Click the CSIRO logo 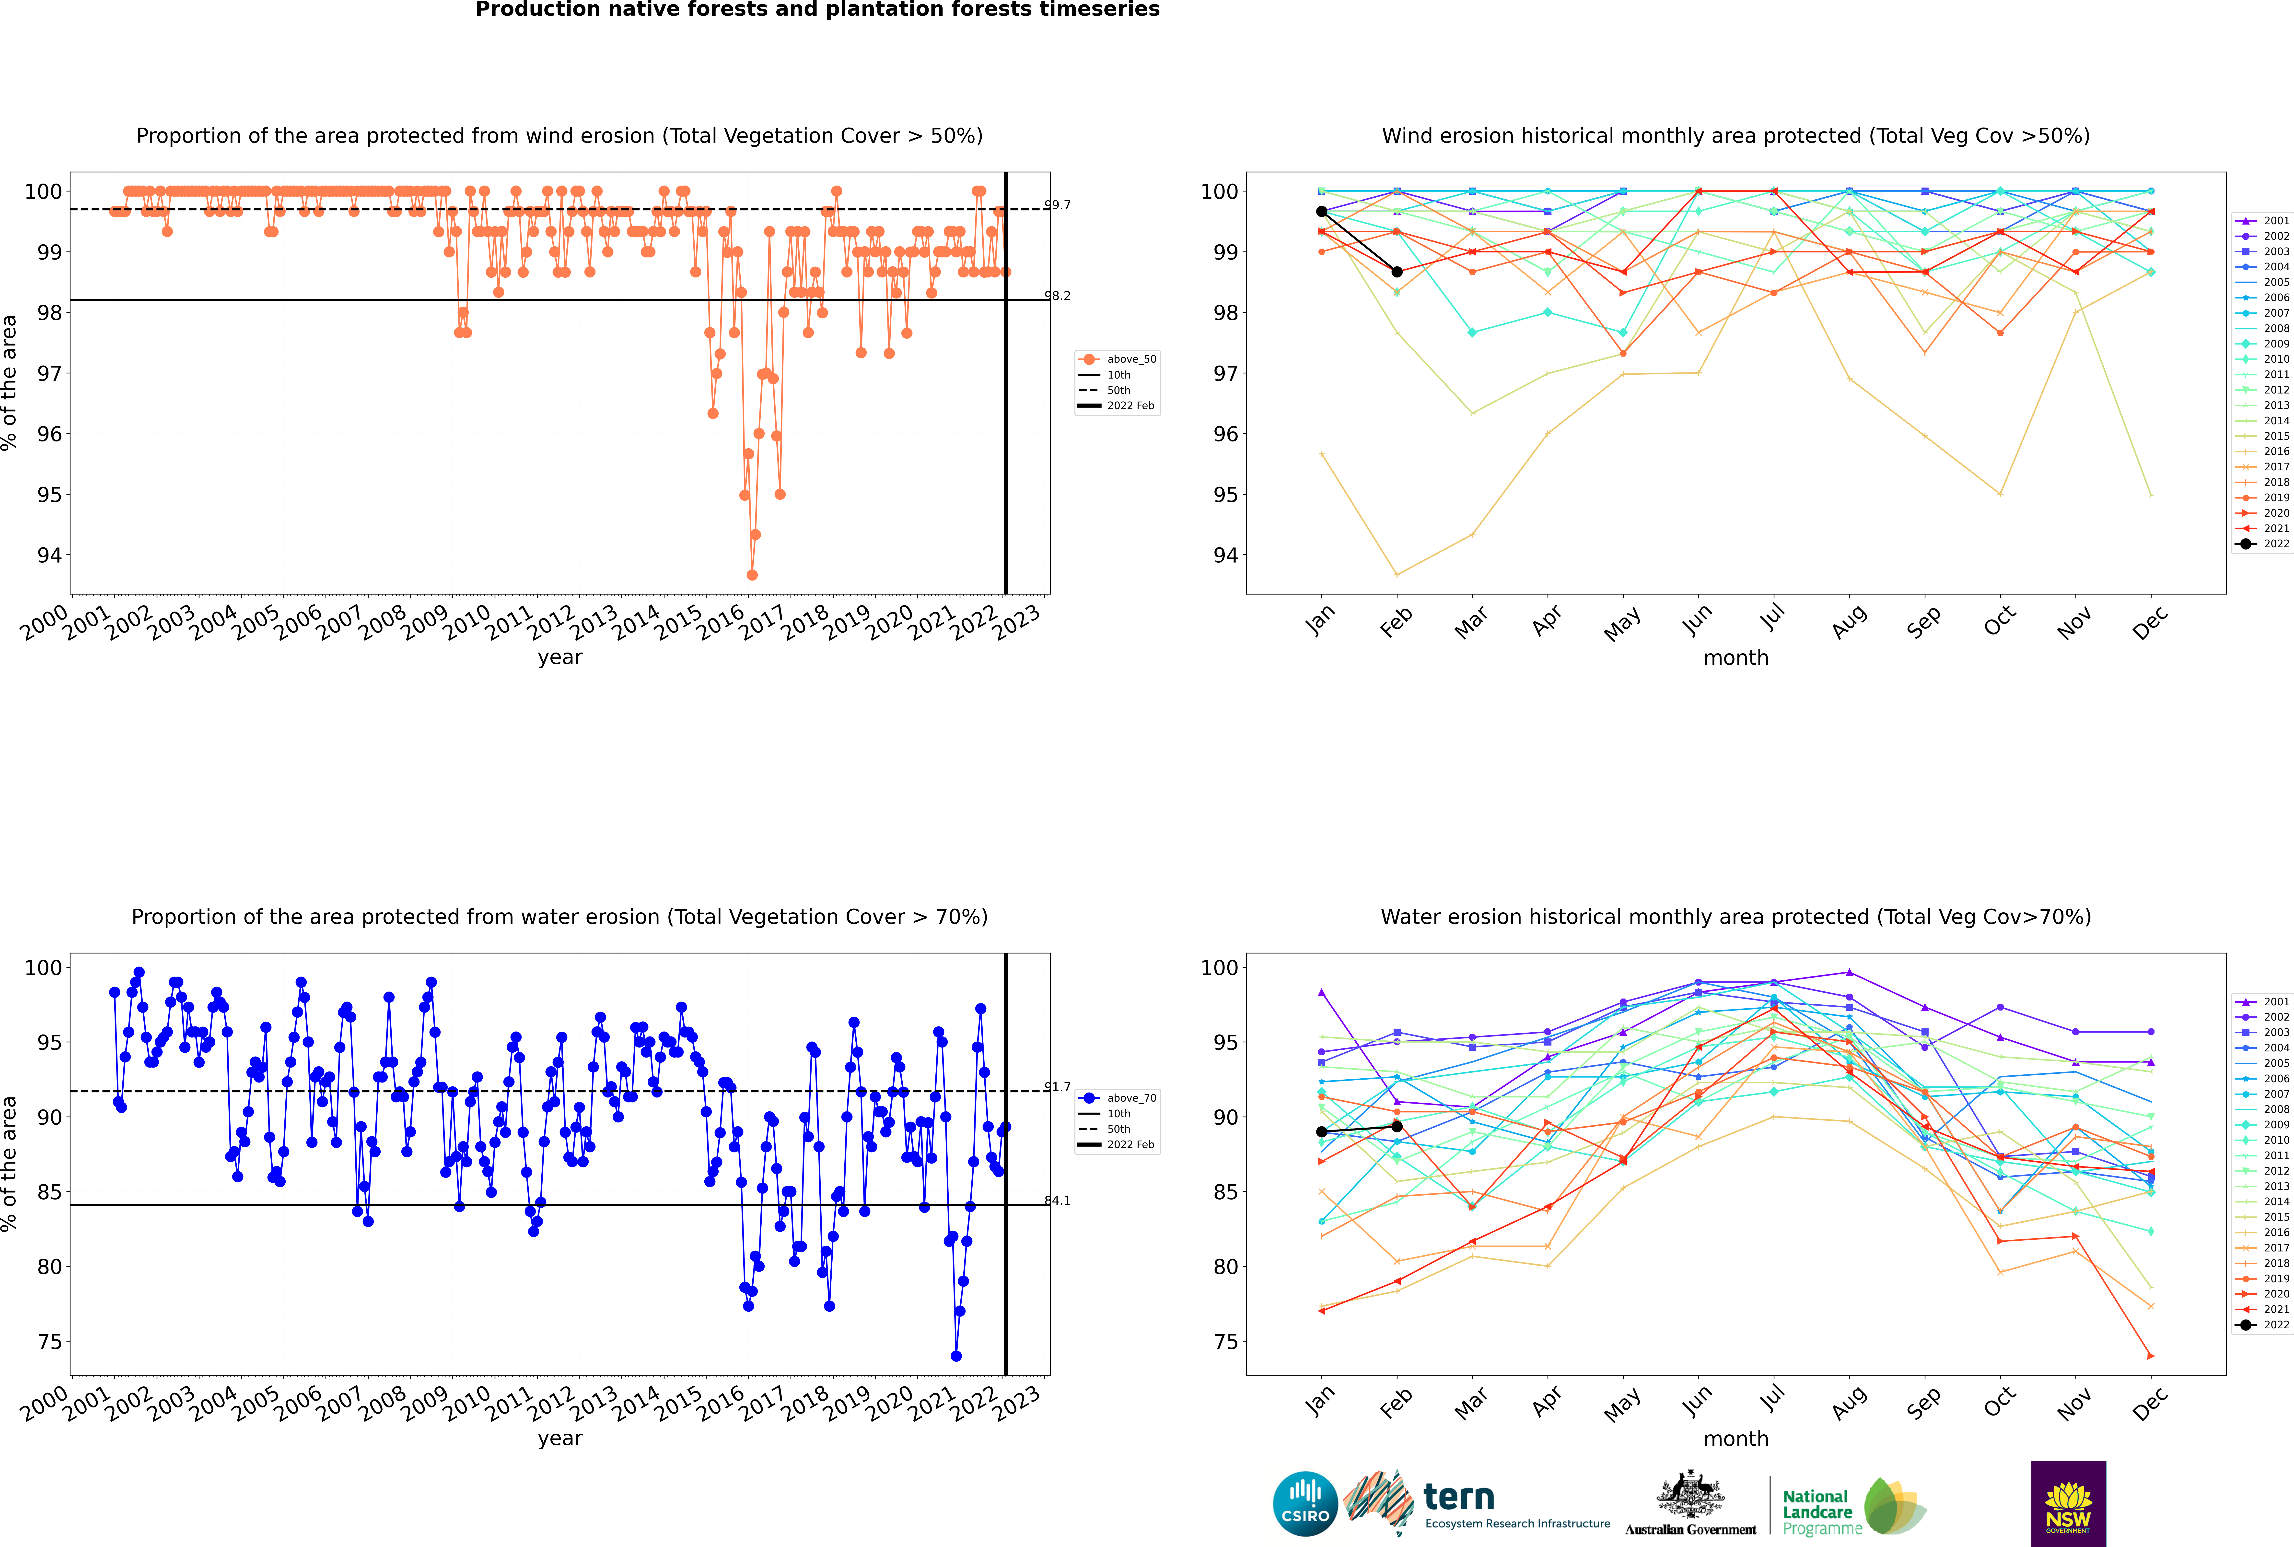[x=1305, y=1504]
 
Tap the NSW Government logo [x=2068, y=1503]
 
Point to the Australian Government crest [x=1690, y=1497]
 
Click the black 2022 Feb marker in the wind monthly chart [x=1397, y=271]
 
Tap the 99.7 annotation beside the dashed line [x=1057, y=205]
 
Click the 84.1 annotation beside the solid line [x=1057, y=1201]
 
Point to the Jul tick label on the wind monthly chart [x=1772, y=618]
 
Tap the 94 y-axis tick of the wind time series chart [x=49, y=556]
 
